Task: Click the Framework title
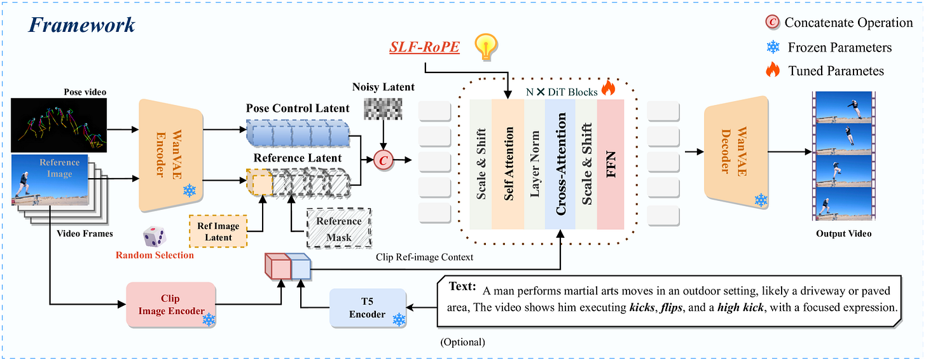pyautogui.click(x=81, y=25)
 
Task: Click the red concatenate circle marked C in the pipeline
pyautogui.click(x=383, y=160)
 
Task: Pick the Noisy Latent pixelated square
pyautogui.click(x=382, y=112)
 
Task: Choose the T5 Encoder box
pyautogui.click(x=368, y=308)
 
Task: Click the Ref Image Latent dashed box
pyautogui.click(x=219, y=232)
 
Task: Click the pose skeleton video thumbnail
pyautogui.click(x=58, y=125)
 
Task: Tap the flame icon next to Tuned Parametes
pyautogui.click(x=772, y=70)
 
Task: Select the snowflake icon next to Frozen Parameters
pyautogui.click(x=773, y=47)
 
